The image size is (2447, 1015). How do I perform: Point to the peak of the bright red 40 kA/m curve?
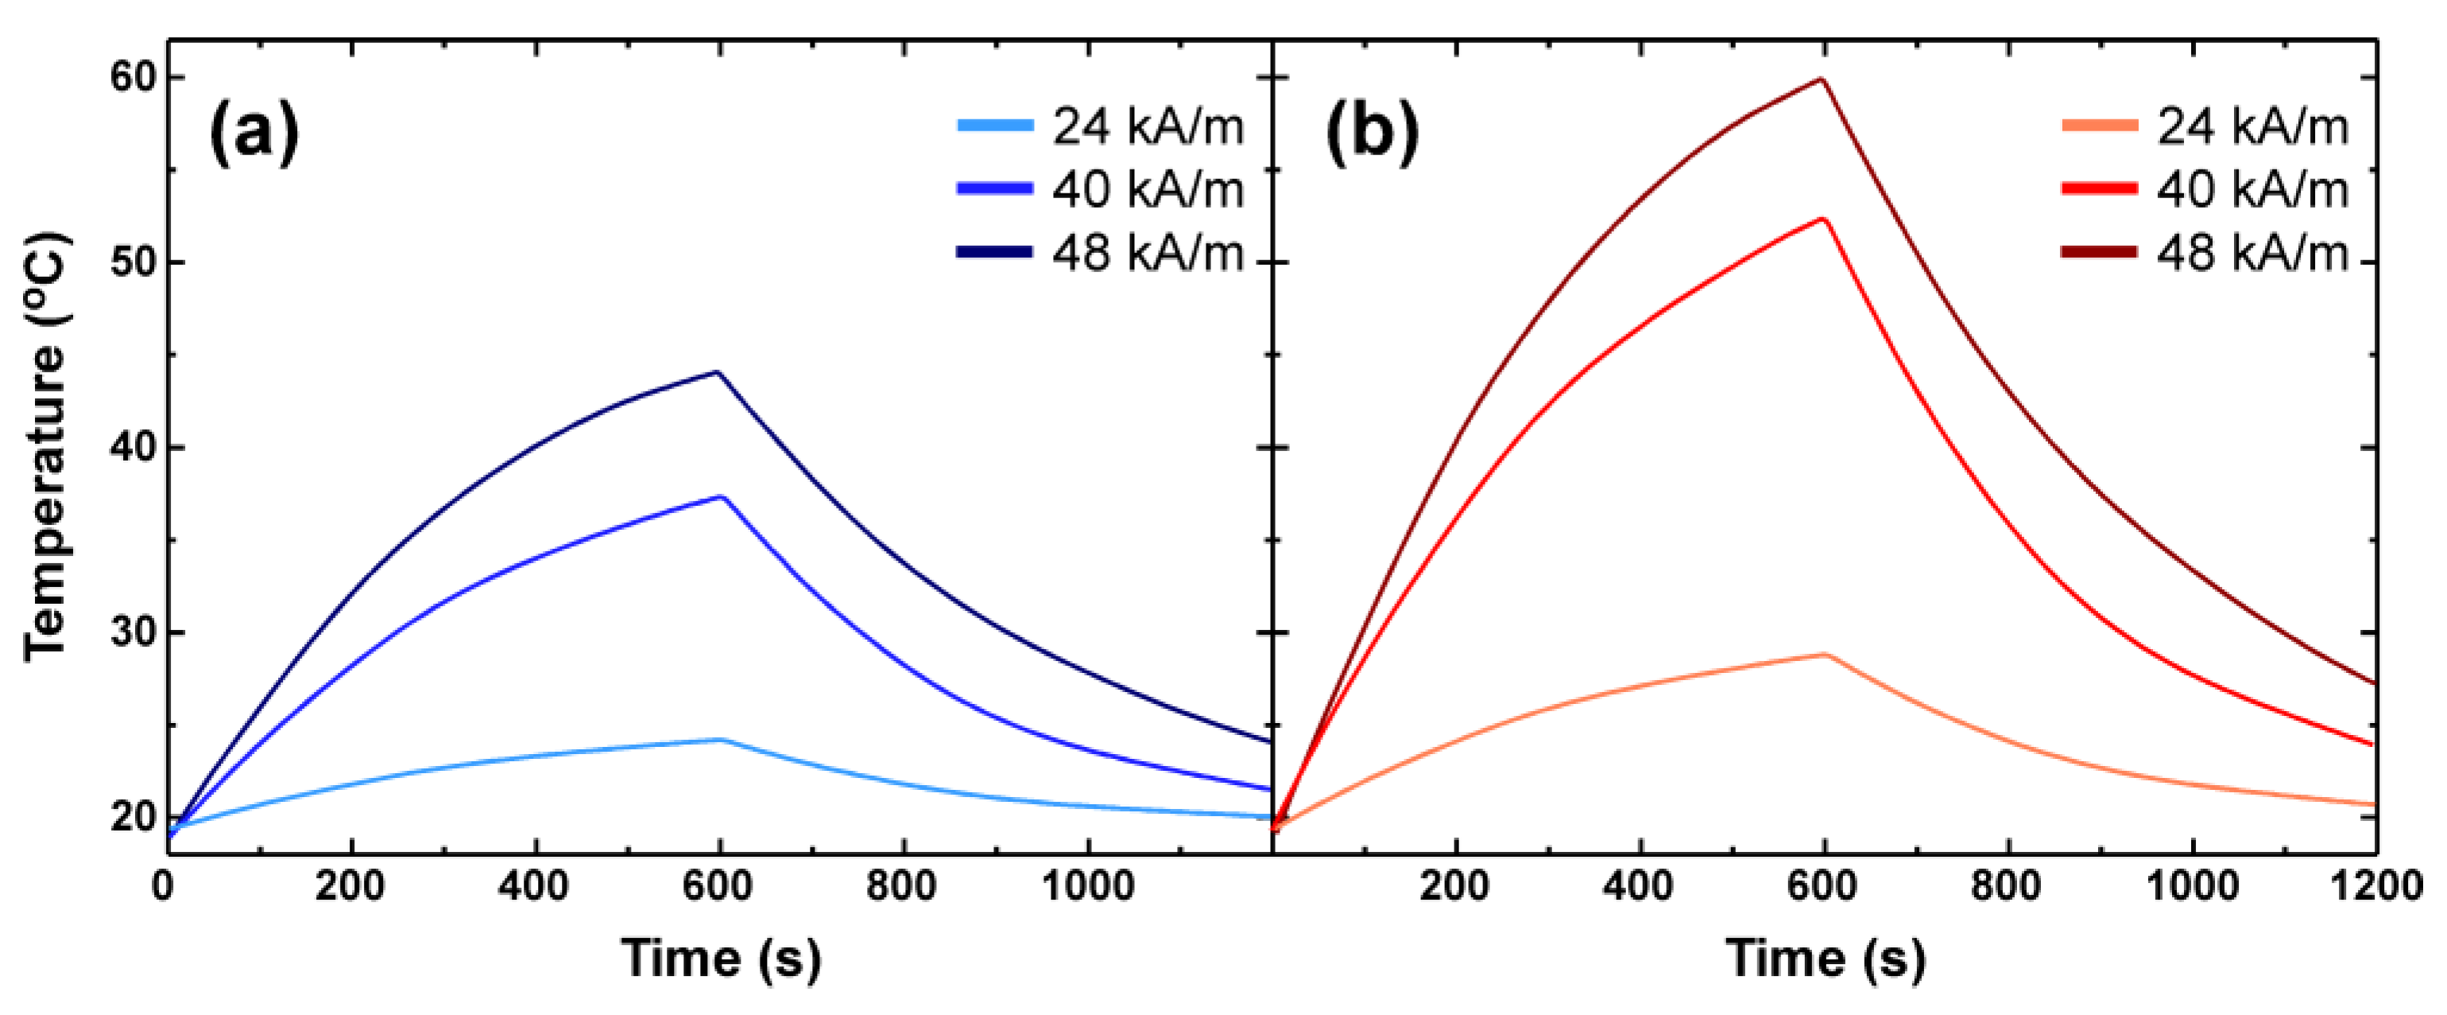(1823, 219)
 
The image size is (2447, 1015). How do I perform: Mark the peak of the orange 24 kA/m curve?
(1825, 654)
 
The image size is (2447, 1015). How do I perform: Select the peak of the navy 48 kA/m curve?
(717, 371)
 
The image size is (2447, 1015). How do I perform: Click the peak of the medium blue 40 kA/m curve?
(721, 496)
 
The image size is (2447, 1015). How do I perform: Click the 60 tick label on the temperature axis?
(133, 77)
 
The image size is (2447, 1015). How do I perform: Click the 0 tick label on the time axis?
(164, 886)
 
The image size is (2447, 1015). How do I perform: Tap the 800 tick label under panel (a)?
(901, 886)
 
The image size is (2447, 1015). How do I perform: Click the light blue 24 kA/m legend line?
(994, 126)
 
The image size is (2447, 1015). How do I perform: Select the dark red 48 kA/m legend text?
(2252, 253)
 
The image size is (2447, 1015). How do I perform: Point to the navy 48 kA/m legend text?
(1148, 253)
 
